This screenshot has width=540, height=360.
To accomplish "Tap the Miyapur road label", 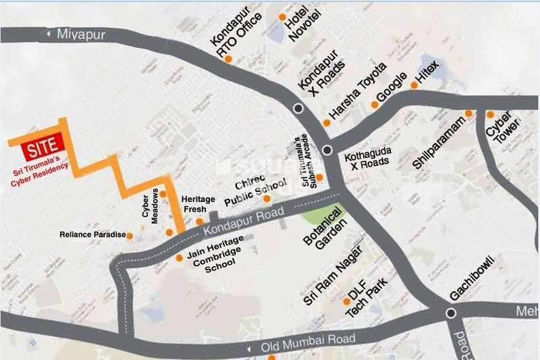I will click(x=82, y=34).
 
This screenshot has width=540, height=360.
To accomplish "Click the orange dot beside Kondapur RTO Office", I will click(x=229, y=59).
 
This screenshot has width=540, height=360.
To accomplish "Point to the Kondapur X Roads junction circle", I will click(x=298, y=108).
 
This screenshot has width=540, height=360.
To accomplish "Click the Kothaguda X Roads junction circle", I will click(x=327, y=150).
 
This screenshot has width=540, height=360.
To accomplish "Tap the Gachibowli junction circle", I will click(x=450, y=312).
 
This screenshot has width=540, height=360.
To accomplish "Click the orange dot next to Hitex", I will click(x=414, y=85).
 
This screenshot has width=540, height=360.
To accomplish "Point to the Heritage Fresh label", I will click(x=199, y=205).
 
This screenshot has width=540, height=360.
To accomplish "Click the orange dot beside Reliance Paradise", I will click(x=130, y=236).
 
